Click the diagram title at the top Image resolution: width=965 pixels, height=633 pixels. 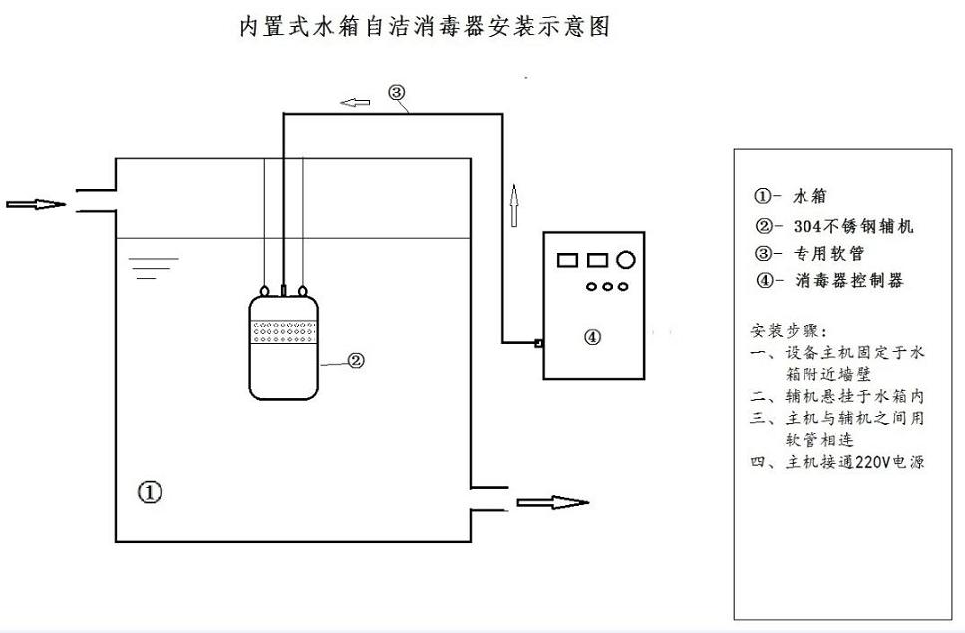[x=424, y=27]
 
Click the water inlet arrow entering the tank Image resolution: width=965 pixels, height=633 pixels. [x=36, y=205]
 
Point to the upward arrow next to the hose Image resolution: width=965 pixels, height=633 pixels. [x=514, y=207]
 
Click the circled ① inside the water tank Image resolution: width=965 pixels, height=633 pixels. [x=150, y=491]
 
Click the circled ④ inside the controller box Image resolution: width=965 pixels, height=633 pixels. [x=592, y=337]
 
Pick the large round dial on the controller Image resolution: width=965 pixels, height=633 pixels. [x=626, y=260]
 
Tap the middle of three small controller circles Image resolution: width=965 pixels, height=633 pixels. [x=606, y=287]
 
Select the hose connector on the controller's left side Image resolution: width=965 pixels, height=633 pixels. [x=538, y=344]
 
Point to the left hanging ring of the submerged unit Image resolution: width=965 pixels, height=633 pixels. [x=263, y=291]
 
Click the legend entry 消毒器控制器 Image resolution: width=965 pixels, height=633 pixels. [x=838, y=281]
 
